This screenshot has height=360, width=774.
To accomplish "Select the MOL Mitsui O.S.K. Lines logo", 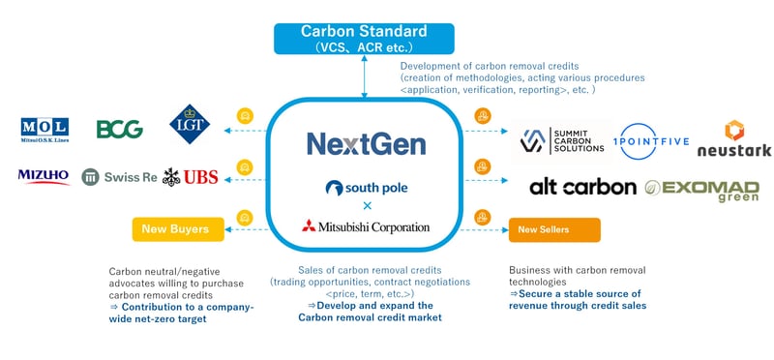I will pos(44,130).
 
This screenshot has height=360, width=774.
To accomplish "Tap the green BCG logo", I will pos(120,129).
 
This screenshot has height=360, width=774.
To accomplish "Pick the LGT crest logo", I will pos(186,125).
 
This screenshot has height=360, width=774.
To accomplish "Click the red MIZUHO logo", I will pos(44,176).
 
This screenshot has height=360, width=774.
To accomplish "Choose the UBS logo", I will pos(191,176).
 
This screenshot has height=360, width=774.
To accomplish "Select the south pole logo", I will pos(366,187).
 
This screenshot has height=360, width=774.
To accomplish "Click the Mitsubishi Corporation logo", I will pos(366,228).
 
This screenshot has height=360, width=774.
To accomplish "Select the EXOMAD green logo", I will pos(694,189).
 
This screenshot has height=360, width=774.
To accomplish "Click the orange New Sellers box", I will pos(553,229).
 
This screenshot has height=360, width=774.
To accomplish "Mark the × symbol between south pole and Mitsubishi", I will pos(366,206).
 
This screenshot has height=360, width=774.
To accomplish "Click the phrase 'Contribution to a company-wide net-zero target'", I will pos(181,312).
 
